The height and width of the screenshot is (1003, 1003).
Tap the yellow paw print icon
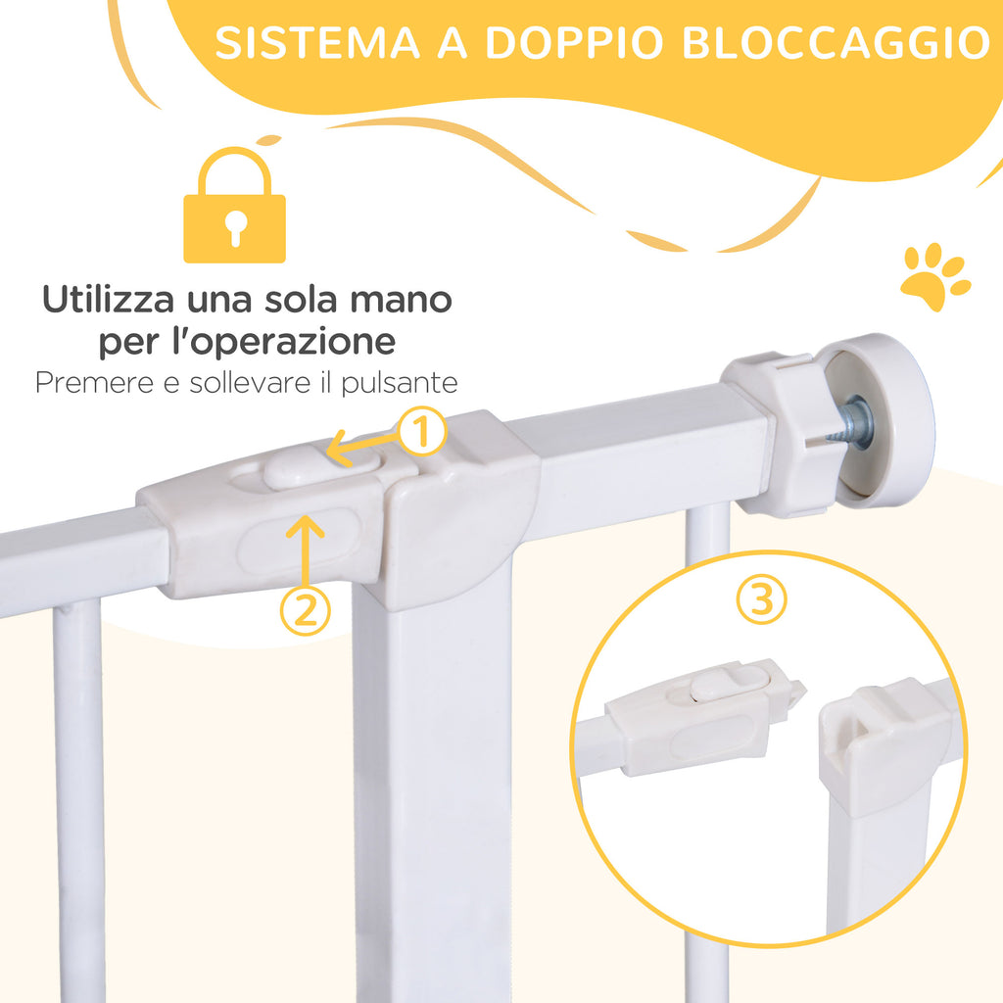933,276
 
